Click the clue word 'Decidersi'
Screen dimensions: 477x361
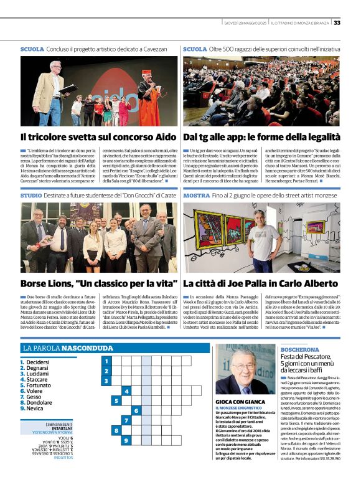pyautogui.click(x=38, y=362)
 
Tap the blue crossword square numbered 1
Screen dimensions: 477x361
pyautogui.click(x=106, y=361)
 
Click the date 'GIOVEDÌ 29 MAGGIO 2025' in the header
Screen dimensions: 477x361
pyautogui.click(x=246, y=23)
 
